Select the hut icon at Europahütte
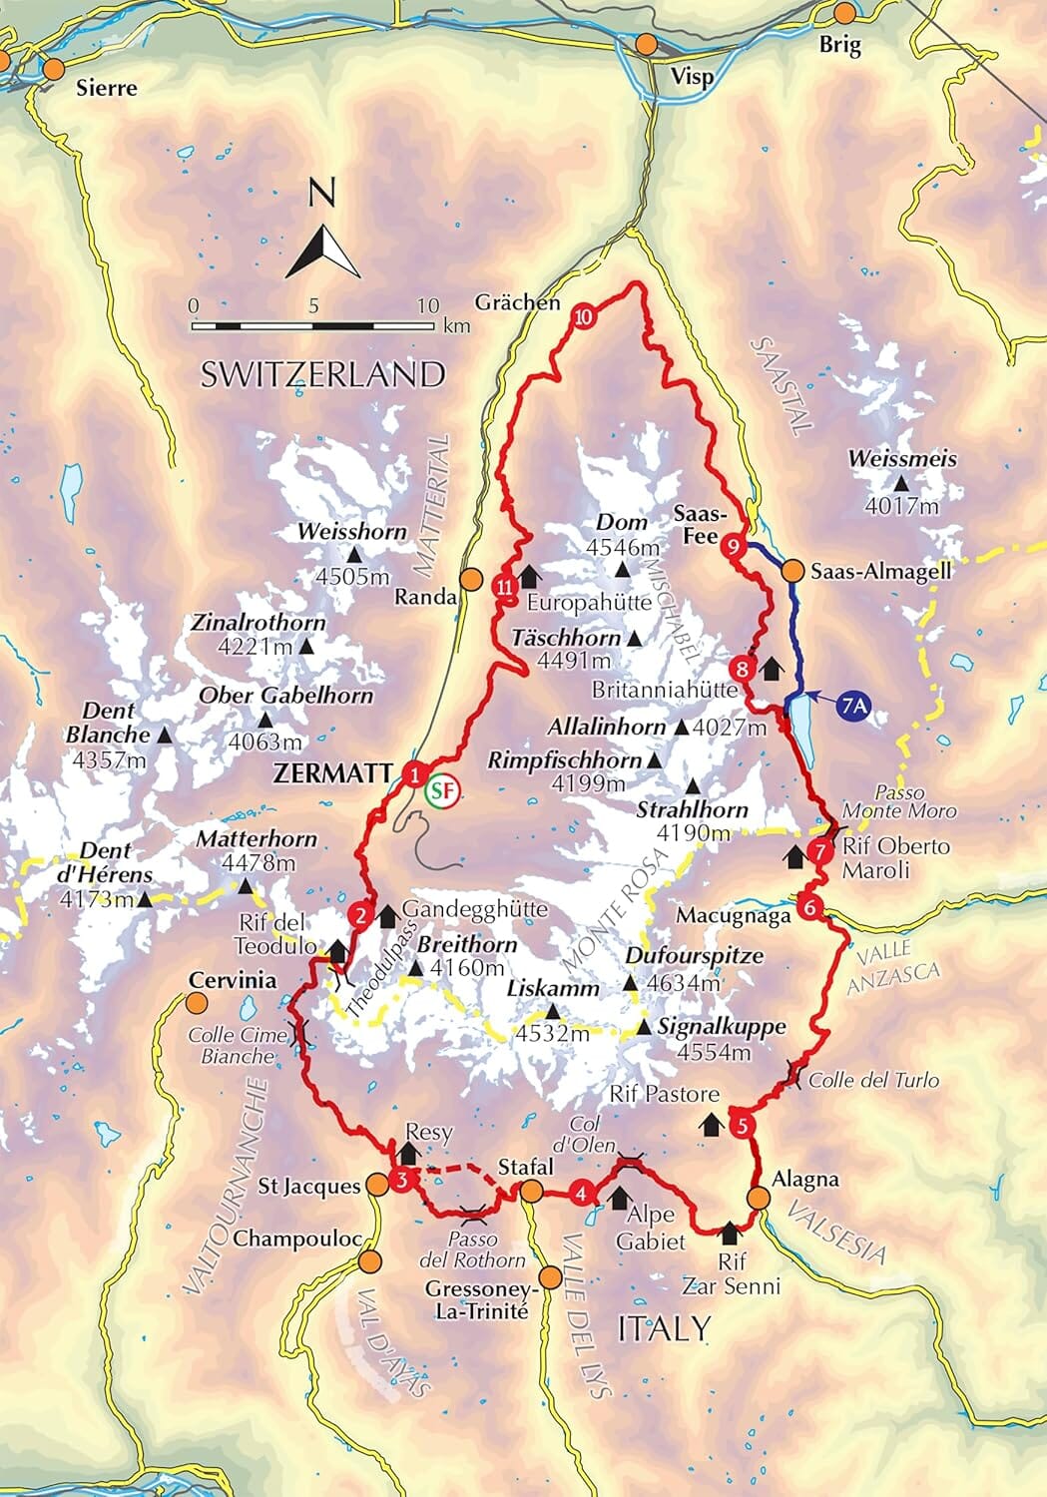click(530, 576)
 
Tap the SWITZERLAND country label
click(322, 374)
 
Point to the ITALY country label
click(664, 1328)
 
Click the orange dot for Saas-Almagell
click(791, 571)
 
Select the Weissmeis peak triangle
click(901, 483)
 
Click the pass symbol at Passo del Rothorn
click(475, 1215)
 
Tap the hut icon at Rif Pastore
click(711, 1125)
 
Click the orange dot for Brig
click(844, 14)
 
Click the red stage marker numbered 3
click(400, 1181)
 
